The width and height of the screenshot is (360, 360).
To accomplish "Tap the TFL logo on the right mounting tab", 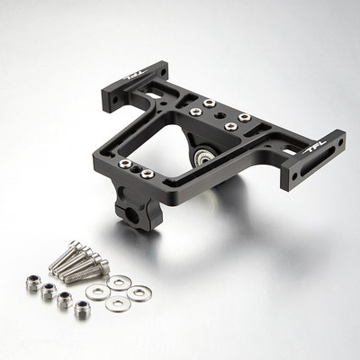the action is click(x=317, y=148).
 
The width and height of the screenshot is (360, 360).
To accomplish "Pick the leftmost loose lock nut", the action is click(x=33, y=282).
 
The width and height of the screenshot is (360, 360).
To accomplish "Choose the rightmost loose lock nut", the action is click(x=82, y=310).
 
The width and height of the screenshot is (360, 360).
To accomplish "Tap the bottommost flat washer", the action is click(x=117, y=303).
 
